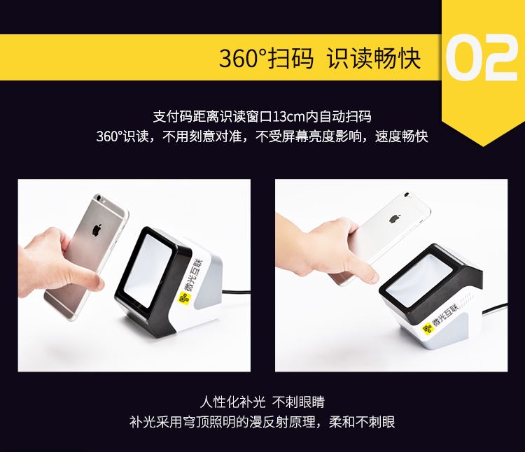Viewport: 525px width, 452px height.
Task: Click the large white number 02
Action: click(482, 57)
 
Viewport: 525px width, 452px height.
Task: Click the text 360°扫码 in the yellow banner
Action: click(266, 58)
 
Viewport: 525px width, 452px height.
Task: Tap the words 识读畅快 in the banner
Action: click(373, 58)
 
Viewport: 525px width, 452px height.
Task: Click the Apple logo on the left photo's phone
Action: click(97, 230)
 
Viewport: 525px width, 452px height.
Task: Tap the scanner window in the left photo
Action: click(148, 271)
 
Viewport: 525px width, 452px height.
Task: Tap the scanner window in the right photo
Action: click(419, 280)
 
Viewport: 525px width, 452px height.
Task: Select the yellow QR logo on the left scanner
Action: click(184, 298)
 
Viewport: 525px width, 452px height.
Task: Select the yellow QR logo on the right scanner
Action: click(428, 329)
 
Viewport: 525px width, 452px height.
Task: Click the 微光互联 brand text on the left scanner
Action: click(193, 276)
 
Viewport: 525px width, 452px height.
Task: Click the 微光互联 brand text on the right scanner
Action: click(445, 315)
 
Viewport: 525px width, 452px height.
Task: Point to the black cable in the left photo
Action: click(237, 292)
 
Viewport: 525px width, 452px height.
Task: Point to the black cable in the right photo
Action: click(495, 309)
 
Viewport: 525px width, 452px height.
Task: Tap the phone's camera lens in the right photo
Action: click(407, 194)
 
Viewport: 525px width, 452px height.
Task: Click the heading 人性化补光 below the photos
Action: click(232, 402)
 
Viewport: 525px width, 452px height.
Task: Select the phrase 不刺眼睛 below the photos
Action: click(298, 402)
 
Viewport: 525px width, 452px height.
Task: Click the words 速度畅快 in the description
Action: click(402, 136)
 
